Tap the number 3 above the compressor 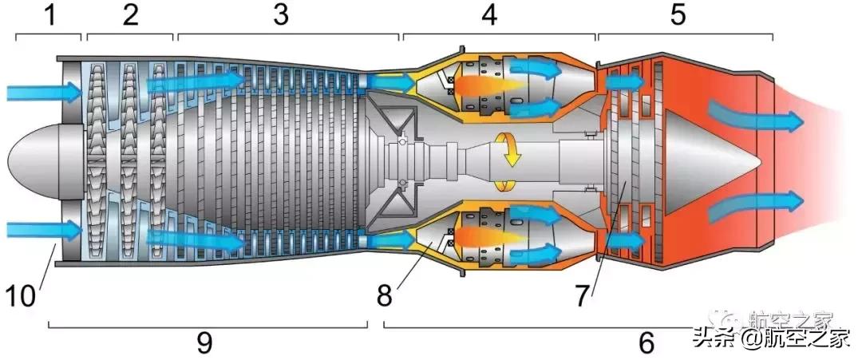point(280,15)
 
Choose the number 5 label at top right point(678,15)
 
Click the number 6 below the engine point(646,343)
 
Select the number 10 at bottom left point(22,296)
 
